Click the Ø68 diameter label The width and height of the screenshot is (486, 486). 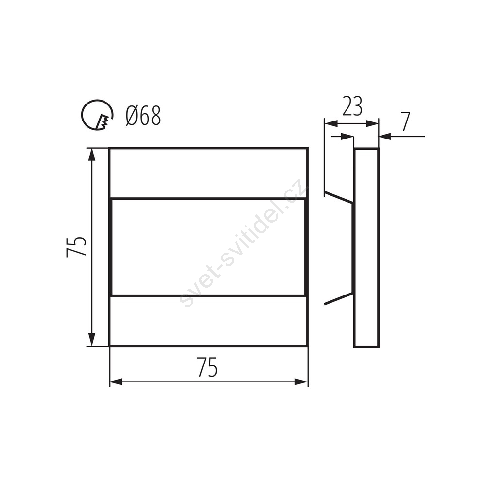point(143,115)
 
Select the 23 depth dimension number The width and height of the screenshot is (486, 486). point(352,106)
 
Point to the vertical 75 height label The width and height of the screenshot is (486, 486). point(76,247)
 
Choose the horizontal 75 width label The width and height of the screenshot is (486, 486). point(208,367)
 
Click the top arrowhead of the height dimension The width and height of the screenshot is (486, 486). point(91,154)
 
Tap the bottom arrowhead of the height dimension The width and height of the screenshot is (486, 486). point(91,339)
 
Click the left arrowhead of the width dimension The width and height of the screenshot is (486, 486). point(116,382)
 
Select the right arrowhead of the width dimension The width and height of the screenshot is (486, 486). point(301,382)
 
